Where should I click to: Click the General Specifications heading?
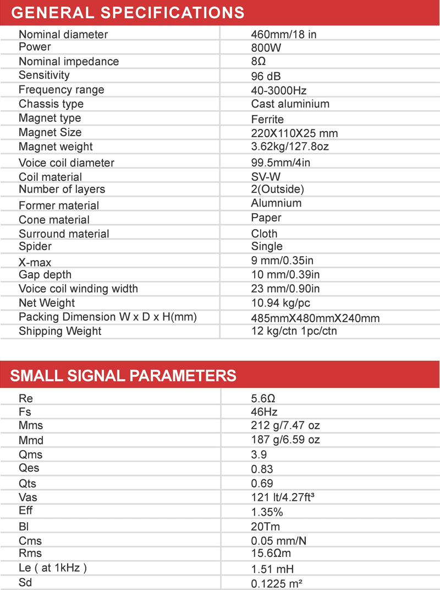coord(128,12)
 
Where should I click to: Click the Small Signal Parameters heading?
coord(123,376)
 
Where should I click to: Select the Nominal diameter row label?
coord(63,34)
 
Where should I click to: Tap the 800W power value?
coord(266,48)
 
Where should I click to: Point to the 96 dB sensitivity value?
coord(266,76)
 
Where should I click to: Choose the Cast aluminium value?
coord(290,104)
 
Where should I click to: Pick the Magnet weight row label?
coord(56,147)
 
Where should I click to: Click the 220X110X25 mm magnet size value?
coord(294,133)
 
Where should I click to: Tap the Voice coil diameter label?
coord(67,163)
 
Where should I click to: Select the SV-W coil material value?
coord(267,176)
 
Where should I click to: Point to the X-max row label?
coord(35,262)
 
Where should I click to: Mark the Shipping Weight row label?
coord(60,331)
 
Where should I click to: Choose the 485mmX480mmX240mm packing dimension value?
coord(315,318)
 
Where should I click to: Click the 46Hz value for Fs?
coord(264,412)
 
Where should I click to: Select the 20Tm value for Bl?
coord(265,527)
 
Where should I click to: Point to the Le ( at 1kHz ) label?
coord(53,568)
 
